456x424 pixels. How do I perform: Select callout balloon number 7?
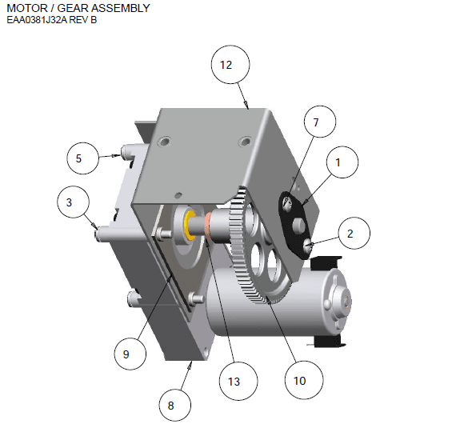(315, 123)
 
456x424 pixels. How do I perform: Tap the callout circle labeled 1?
(338, 162)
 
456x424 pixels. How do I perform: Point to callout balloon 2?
(350, 234)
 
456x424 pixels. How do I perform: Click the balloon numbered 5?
(78, 158)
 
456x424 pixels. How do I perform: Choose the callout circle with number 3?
(70, 203)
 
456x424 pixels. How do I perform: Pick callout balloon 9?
(126, 352)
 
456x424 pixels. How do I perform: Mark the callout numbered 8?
(170, 406)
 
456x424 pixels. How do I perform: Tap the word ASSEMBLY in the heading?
(119, 8)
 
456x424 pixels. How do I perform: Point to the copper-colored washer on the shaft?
(208, 226)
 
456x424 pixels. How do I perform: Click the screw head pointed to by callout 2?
(311, 246)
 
